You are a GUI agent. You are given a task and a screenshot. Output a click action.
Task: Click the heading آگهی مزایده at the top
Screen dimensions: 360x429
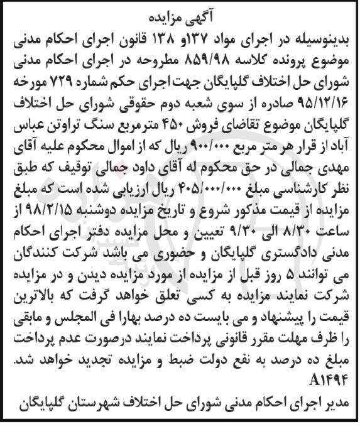[180, 12]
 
